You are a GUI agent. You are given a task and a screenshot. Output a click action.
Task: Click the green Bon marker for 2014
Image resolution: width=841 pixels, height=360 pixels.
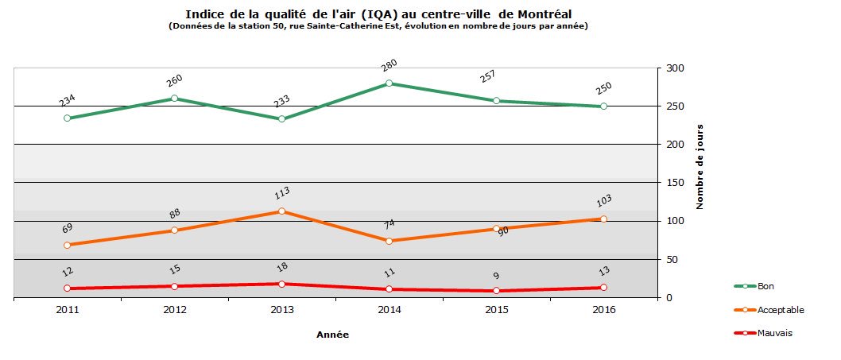(x=389, y=83)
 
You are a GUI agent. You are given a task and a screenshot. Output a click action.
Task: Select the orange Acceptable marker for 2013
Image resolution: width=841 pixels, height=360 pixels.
(x=281, y=211)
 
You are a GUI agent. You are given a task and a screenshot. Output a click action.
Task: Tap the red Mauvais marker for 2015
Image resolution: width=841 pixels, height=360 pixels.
(x=496, y=291)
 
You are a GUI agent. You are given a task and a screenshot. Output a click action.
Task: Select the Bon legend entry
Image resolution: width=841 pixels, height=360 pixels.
(x=765, y=286)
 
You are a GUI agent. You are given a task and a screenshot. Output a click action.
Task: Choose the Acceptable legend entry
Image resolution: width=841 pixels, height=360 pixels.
(x=780, y=310)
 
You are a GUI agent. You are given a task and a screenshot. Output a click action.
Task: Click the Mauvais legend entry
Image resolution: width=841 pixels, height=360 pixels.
(x=774, y=333)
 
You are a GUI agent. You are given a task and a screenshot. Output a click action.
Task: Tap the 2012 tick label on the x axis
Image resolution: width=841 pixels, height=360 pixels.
(x=174, y=310)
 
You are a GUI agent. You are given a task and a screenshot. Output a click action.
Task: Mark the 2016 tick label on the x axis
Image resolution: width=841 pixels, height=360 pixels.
(x=603, y=310)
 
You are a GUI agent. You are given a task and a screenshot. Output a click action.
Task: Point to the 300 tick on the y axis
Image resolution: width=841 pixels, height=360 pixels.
(x=675, y=68)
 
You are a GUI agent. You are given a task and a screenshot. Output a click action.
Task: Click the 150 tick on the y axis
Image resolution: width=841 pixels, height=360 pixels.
(x=675, y=183)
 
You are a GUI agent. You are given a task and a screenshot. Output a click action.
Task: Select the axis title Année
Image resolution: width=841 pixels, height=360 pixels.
(x=332, y=335)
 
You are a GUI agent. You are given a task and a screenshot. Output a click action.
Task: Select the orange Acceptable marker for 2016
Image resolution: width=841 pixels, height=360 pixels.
(x=603, y=219)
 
